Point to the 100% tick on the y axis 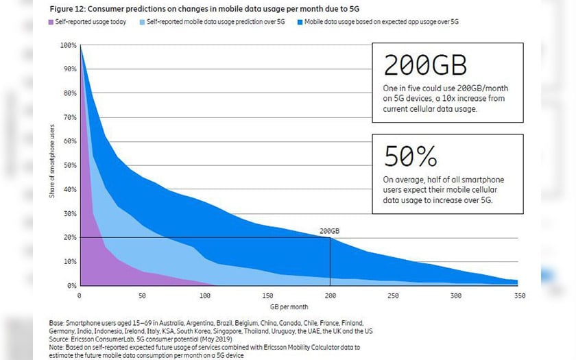coord(69,45)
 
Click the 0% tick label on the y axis coord(71,285)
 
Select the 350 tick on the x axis coord(518,295)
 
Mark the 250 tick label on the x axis coord(393,295)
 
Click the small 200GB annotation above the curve coord(330,232)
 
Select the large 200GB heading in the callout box coord(425,66)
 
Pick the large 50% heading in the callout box coord(410,156)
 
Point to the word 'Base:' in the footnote coord(56,322)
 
